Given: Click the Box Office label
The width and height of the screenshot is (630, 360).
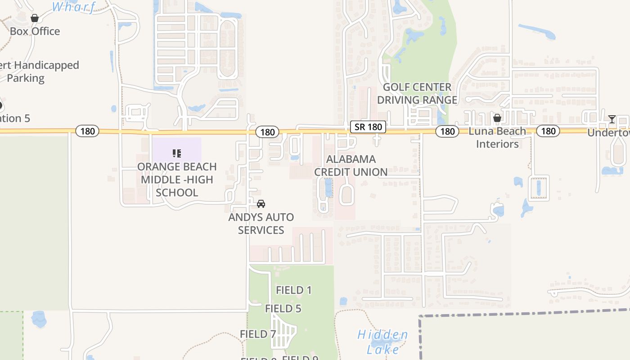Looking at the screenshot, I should coord(35,31).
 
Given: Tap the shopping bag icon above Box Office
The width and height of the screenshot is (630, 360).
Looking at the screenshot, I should coord(35,18).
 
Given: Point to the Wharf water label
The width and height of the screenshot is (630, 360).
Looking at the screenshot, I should coord(74,7).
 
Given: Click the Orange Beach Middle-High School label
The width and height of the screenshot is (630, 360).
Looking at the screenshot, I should coord(177,180).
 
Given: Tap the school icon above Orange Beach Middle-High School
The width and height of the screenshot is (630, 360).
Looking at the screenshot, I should coord(177,153).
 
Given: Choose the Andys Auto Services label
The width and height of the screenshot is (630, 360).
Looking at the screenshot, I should coord(261,224).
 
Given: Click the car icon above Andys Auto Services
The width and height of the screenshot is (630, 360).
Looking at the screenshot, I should coord(261,204).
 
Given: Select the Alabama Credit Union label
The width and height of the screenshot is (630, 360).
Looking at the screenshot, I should coord(351,166).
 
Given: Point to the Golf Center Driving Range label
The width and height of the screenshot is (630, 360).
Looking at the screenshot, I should coord(417,94).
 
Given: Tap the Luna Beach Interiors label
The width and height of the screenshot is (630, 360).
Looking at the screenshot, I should coord(497,138).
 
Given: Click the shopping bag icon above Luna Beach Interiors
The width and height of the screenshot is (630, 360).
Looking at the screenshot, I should coord(497,118).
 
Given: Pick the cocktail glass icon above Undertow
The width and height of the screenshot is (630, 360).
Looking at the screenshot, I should coord(612,119).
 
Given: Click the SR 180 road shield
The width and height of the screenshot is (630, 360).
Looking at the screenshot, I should coord(368,127).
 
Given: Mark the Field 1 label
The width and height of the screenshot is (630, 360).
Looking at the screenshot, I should coord(294,290).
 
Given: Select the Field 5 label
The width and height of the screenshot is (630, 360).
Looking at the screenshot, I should coord(283,309).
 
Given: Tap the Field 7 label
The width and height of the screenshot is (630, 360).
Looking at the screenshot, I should coord(258,334).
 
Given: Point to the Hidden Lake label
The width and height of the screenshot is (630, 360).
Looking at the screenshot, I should coord(383,342).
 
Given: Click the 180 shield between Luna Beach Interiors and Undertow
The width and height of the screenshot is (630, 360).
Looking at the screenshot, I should coord(548,131).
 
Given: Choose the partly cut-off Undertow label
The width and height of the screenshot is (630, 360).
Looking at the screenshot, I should coord(608,133).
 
